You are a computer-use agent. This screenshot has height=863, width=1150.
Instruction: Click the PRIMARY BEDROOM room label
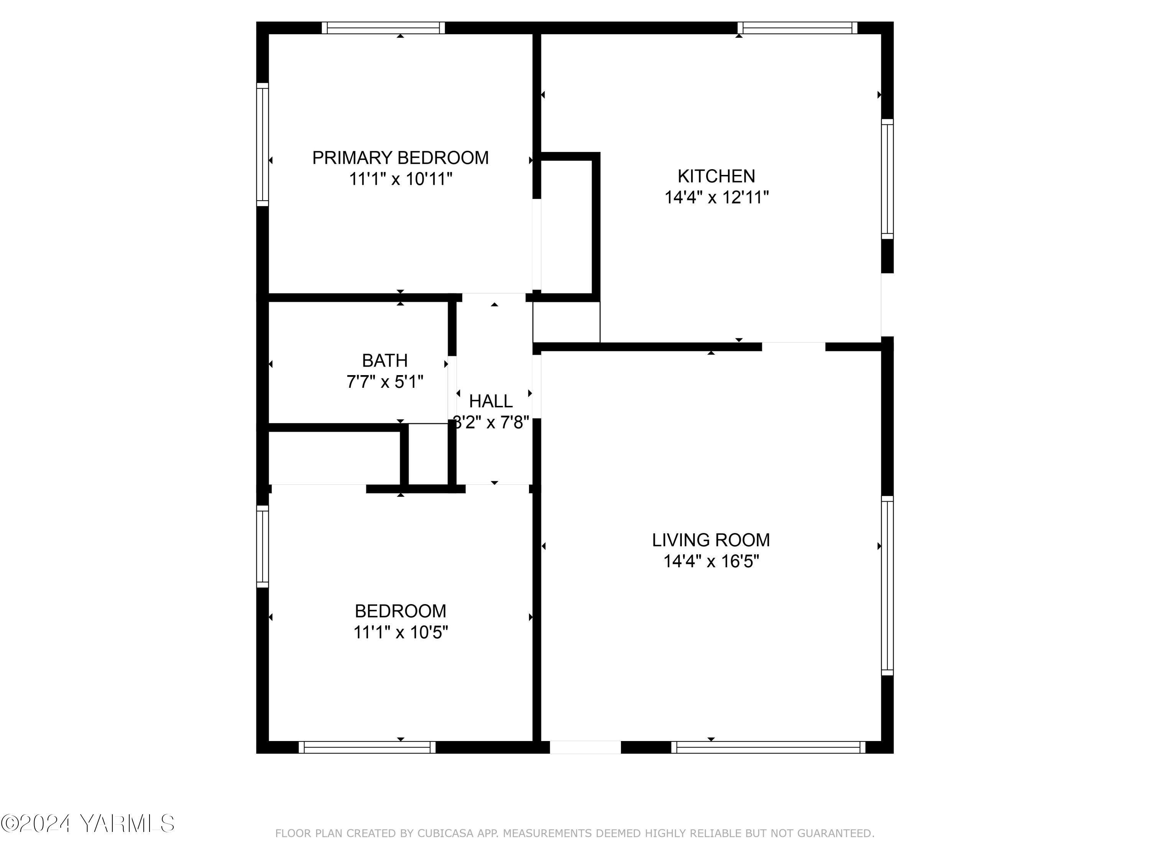click(400, 158)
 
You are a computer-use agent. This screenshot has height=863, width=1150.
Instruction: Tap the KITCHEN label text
click(716, 176)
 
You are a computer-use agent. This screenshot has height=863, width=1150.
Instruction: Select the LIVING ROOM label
click(711, 540)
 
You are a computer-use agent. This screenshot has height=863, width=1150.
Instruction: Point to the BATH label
click(385, 361)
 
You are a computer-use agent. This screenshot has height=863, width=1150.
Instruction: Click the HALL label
click(491, 401)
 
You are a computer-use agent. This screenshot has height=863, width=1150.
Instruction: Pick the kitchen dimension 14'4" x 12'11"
click(716, 198)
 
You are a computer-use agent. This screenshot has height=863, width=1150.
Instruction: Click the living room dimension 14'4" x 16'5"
click(711, 561)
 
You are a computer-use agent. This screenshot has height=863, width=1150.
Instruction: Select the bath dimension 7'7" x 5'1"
click(385, 382)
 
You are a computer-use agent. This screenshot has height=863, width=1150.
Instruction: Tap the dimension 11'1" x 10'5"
click(400, 632)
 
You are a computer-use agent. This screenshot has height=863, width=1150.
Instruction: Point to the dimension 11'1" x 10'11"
click(400, 179)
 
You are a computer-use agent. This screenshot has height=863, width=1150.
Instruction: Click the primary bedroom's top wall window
click(383, 28)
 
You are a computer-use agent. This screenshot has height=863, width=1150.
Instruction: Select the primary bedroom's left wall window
click(263, 145)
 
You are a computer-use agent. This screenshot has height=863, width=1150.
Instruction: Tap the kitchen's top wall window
click(797, 28)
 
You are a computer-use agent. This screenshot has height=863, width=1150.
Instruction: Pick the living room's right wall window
click(887, 585)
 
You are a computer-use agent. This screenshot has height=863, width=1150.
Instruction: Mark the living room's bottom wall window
click(768, 748)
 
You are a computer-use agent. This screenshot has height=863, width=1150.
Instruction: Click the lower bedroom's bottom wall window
click(367, 748)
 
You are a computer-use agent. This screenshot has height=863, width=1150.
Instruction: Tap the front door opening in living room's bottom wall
click(585, 748)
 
